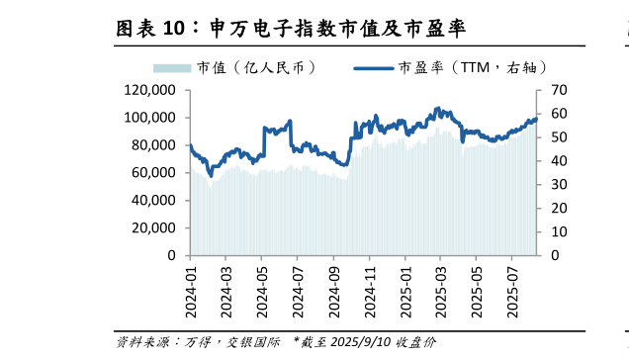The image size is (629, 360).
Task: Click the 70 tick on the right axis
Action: (x=557, y=90)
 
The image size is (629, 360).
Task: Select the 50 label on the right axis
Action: (x=557, y=137)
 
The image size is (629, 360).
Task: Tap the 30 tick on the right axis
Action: (x=557, y=184)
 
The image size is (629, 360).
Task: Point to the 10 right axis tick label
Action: (x=557, y=231)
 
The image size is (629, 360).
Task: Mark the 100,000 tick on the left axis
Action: (x=149, y=118)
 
